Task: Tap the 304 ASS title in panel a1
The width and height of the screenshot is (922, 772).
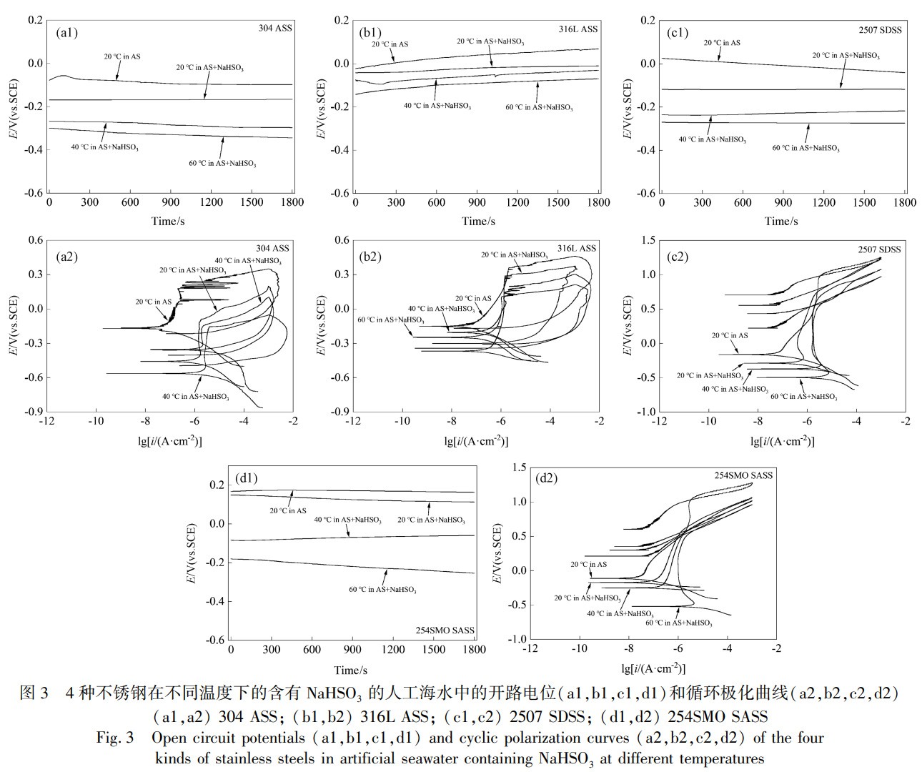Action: pos(275,29)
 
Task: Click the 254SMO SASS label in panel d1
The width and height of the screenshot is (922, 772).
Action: pos(445,630)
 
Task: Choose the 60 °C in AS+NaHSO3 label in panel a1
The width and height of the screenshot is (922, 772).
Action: pos(222,164)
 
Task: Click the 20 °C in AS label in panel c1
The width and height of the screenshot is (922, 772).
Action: pos(722,43)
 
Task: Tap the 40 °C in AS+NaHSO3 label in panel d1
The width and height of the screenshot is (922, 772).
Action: pos(348,520)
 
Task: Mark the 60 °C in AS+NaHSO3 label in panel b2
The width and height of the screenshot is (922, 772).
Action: pos(390,320)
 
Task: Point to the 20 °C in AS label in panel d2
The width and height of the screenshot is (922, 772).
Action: pos(588,565)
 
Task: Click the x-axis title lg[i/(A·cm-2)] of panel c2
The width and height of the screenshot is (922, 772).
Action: pos(783,440)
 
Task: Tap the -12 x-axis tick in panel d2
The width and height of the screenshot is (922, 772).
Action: pos(530,649)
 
